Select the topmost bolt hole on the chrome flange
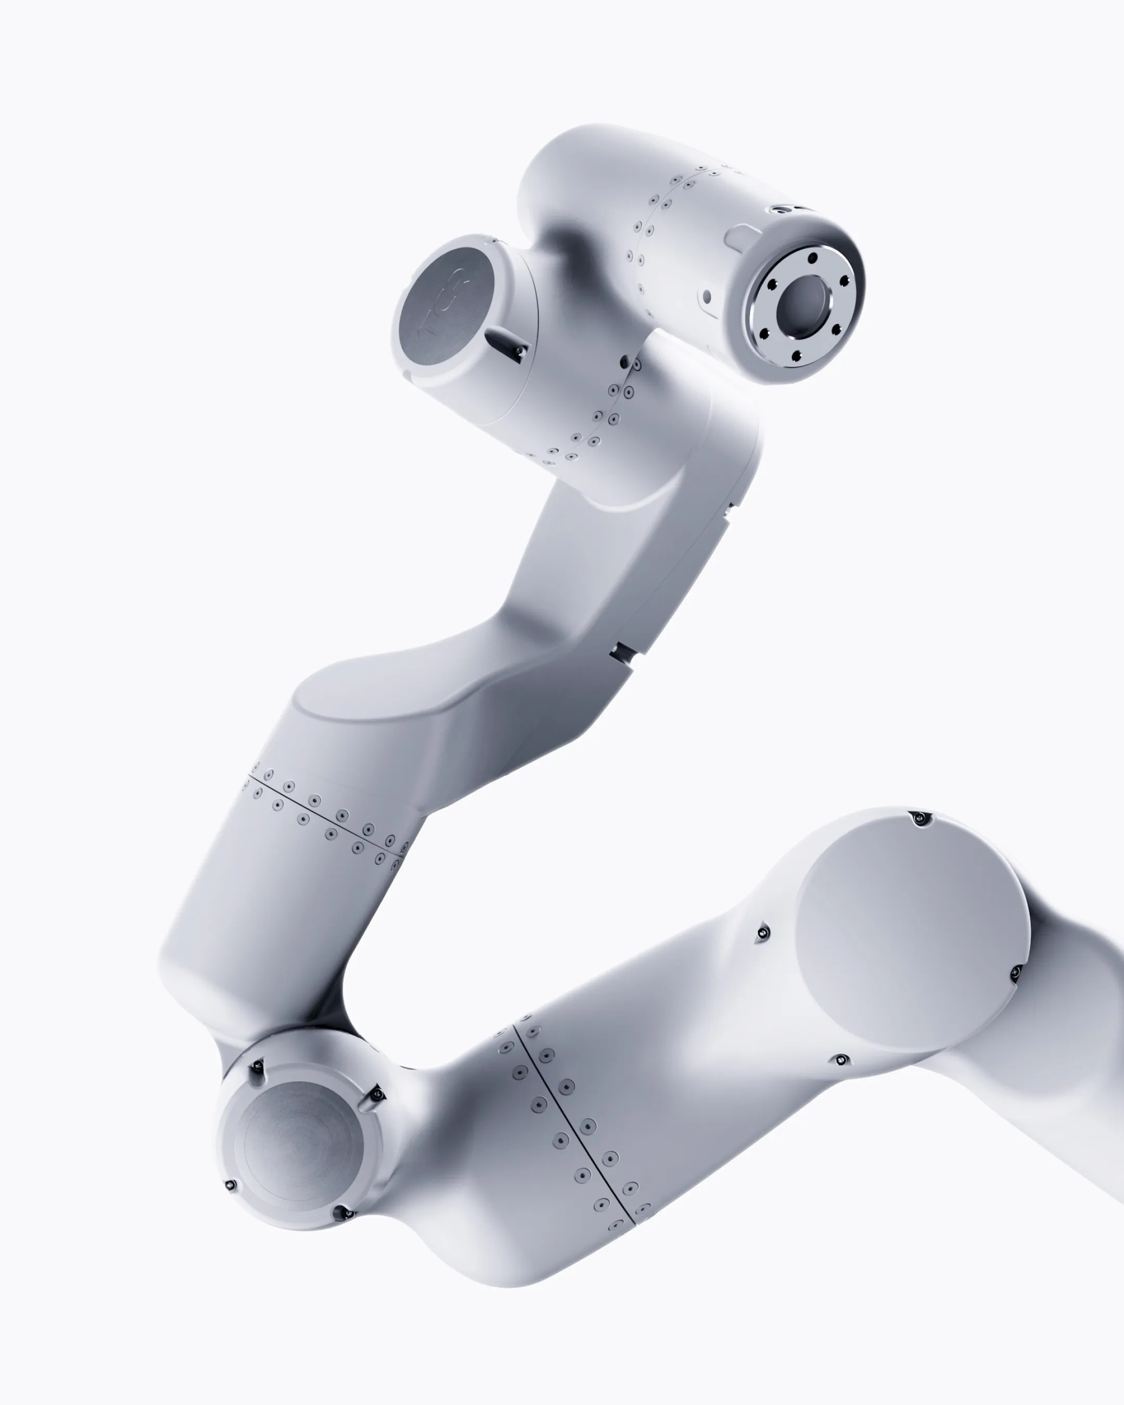coord(812,259)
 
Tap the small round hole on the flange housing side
coord(708,297)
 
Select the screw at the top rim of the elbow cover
coord(919,818)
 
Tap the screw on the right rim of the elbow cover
coord(1015,974)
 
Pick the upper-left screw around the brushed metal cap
coord(258,1066)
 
